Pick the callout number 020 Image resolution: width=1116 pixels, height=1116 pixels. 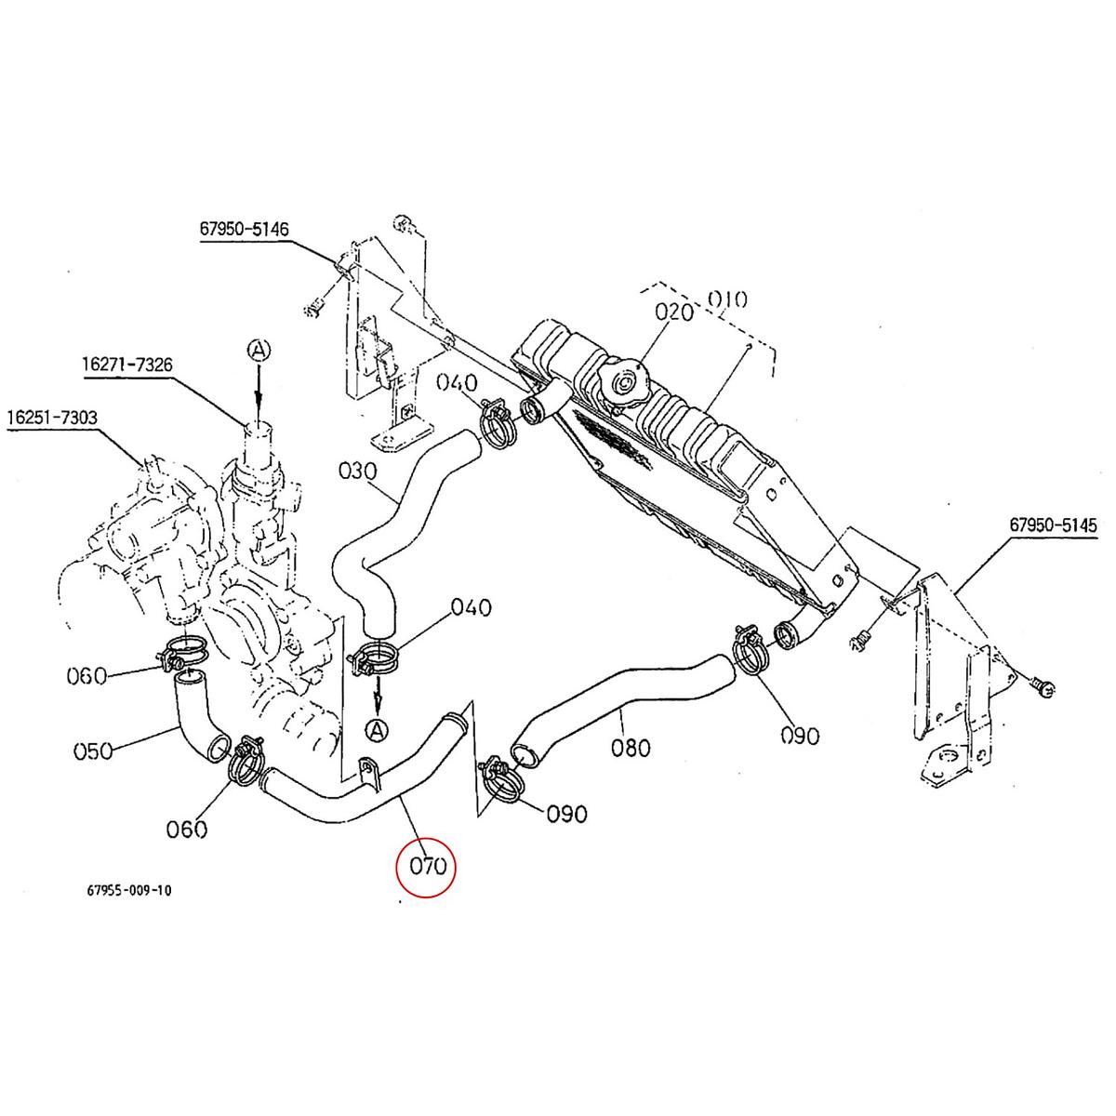point(674,312)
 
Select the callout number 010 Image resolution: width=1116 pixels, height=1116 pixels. point(727,299)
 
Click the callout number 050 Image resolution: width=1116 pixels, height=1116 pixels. point(92,750)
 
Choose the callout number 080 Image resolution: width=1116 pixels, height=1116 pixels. point(631,747)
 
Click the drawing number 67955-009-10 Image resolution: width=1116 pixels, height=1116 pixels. point(128,890)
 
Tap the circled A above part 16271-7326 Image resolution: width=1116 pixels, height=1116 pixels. point(258,349)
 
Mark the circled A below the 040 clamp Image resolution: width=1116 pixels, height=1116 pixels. point(376,731)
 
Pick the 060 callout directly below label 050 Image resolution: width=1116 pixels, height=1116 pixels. point(186,828)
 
